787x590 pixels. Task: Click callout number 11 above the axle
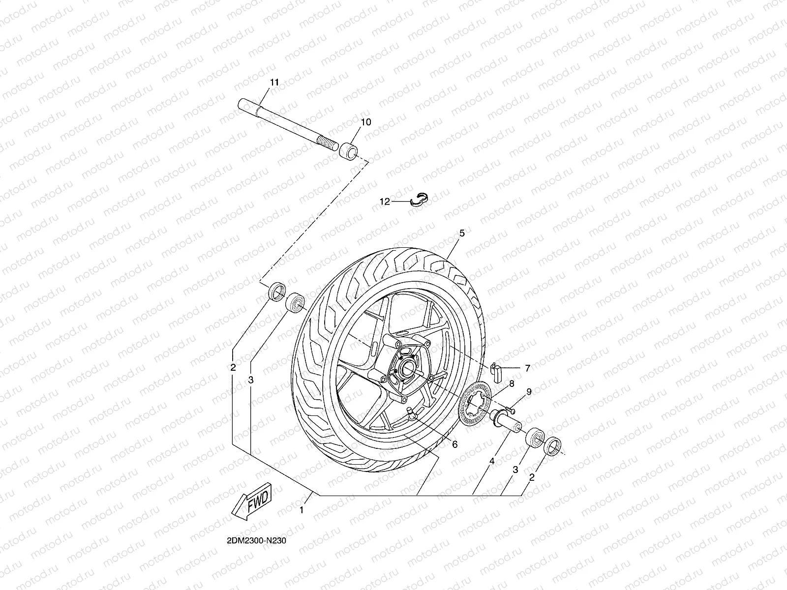[x=274, y=82]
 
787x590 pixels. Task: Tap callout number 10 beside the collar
[x=366, y=122]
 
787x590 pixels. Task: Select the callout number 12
[x=385, y=201]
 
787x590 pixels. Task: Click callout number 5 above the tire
[x=462, y=234]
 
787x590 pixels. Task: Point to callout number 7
[x=527, y=368]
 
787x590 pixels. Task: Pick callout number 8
[x=512, y=383]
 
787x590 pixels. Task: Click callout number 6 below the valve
[x=454, y=444]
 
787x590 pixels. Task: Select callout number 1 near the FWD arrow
[x=302, y=510]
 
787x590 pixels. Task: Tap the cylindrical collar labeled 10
[x=347, y=150]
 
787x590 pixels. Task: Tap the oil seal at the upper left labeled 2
[x=276, y=291]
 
